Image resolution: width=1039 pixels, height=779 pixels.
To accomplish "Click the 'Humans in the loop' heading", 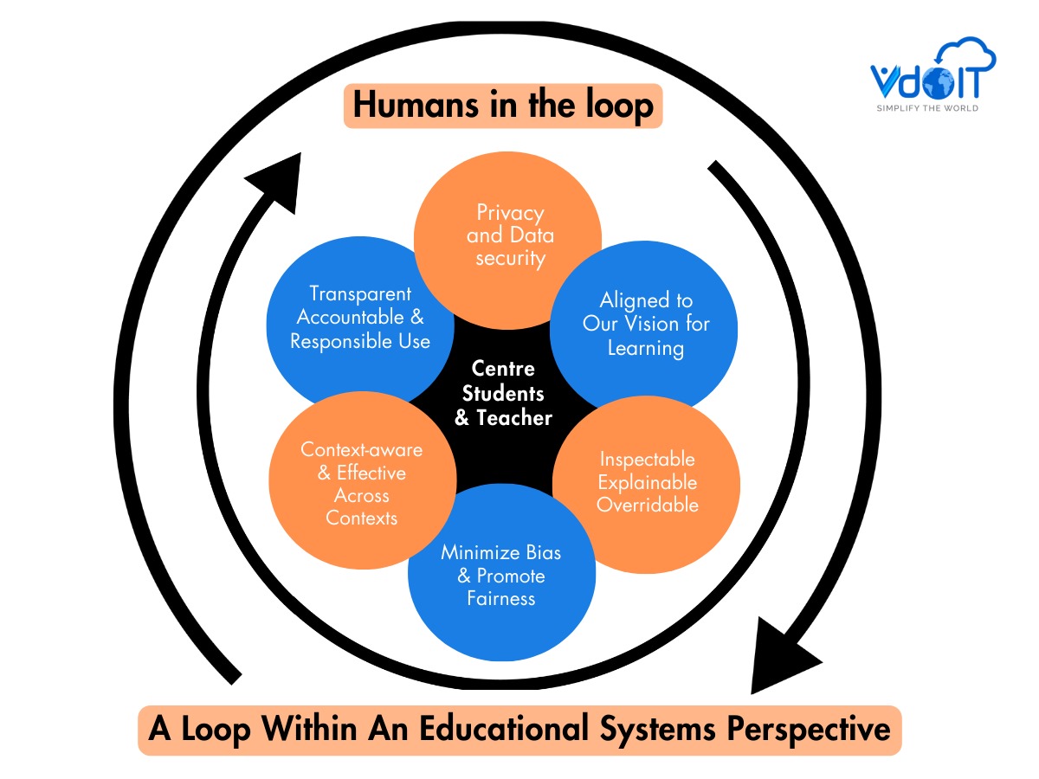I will [503, 106].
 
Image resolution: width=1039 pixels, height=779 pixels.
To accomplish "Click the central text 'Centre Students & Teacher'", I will [503, 394].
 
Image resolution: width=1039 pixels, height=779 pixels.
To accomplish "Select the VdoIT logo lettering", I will [921, 82].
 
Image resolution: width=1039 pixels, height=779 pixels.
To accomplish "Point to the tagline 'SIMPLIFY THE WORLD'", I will [927, 108].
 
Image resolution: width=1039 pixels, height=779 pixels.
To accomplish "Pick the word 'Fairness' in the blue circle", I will [501, 598].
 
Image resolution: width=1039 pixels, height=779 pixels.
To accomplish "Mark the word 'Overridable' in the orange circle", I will [648, 505].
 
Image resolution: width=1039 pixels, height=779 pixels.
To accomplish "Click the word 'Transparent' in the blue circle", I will [360, 294].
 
